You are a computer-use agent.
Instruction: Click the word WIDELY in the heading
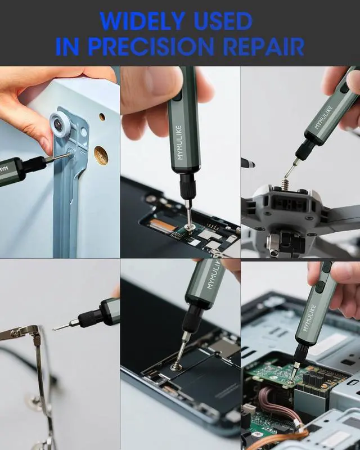click(143, 21)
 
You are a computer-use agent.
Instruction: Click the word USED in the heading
click(223, 21)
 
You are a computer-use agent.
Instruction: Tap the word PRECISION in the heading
click(151, 47)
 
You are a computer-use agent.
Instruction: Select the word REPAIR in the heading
click(264, 47)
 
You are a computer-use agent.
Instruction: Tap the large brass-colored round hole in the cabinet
click(101, 155)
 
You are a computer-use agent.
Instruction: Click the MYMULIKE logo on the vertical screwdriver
click(179, 142)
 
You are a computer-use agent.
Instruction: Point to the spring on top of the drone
click(285, 184)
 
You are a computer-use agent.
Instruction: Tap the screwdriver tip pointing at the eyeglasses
click(55, 329)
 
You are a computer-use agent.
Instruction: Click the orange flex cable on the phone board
click(165, 226)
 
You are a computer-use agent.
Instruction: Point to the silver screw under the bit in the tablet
click(174, 367)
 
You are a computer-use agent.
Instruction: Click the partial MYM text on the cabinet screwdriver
click(3, 168)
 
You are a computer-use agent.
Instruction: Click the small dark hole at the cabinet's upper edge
click(102, 117)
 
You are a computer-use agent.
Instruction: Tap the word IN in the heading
click(66, 47)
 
